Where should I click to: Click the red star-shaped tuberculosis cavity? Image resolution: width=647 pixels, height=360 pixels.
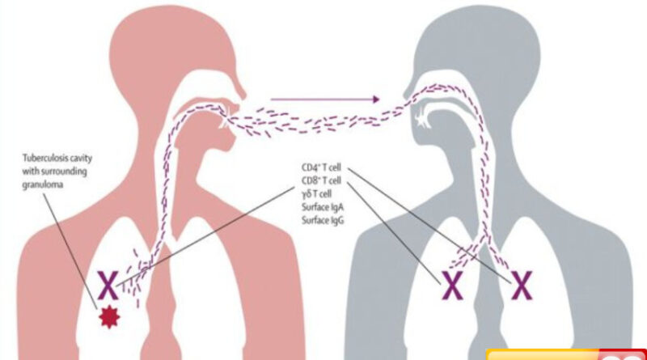point(109,317)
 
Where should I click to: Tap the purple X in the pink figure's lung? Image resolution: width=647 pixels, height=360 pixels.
point(108,285)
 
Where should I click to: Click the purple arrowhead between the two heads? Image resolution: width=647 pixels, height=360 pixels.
point(375,99)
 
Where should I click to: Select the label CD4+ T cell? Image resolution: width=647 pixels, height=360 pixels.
point(321,167)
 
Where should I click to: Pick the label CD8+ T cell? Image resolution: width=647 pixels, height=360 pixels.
point(321,181)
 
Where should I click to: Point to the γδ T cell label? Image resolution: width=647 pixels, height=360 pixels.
point(316,194)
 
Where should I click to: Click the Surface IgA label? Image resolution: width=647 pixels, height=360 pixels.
point(323,207)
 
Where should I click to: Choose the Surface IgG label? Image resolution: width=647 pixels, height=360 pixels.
point(323,221)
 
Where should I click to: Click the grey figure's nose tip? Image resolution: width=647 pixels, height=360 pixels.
point(405,94)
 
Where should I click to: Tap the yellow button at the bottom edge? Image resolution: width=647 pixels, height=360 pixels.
point(543,355)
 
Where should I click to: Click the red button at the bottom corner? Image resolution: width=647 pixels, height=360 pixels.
point(623,355)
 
